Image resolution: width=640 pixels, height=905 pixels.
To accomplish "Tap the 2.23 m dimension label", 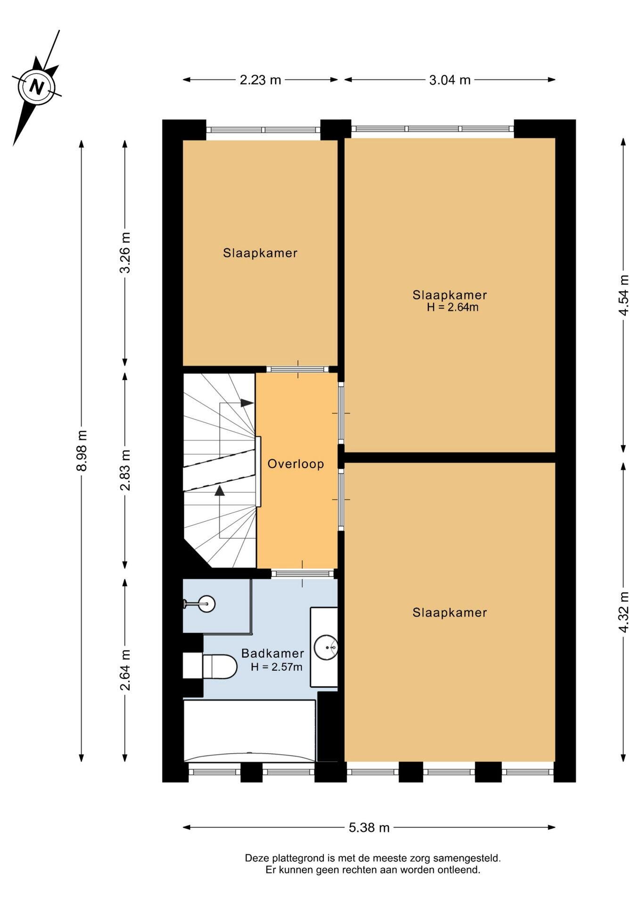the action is click(260, 80).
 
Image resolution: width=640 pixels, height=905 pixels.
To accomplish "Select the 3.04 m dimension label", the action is click(450, 80).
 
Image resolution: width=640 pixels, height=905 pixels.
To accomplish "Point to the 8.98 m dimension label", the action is click(82, 451).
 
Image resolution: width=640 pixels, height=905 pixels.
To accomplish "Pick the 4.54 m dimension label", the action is click(624, 295).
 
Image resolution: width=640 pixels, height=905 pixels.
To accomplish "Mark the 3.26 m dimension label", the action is click(125, 253).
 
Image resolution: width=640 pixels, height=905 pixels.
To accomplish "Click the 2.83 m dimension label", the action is click(125, 470).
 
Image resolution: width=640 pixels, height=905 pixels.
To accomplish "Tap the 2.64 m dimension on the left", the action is click(125, 670).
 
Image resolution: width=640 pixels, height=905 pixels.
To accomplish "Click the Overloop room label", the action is click(295, 464).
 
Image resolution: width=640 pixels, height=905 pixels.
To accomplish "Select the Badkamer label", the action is click(272, 653).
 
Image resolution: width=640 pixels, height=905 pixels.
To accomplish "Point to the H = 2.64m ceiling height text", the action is click(452, 308).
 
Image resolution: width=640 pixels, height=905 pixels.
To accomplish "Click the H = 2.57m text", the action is click(277, 667).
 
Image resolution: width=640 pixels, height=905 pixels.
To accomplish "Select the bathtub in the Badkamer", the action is click(249, 731).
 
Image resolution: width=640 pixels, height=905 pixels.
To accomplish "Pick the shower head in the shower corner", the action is click(206, 604).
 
